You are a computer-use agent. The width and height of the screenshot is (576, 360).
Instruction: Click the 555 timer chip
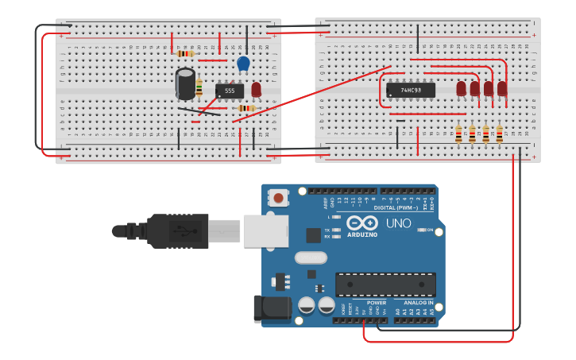pos(230,91)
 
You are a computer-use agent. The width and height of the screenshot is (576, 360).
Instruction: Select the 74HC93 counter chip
pos(410,90)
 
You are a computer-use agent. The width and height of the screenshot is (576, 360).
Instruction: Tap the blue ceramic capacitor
pos(243,64)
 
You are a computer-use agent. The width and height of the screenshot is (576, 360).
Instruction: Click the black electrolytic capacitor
pos(186,82)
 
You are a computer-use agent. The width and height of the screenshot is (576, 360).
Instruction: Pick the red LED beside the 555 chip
pos(256,89)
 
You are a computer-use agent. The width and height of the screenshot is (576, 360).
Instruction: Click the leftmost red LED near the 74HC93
pos(461,88)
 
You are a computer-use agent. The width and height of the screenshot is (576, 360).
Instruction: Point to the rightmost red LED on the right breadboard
pos(501,88)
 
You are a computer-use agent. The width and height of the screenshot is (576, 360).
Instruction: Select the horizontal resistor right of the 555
pos(246,108)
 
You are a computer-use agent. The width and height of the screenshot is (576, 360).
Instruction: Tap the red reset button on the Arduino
pos(278,197)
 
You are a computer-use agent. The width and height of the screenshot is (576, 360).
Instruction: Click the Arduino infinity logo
pos(361,223)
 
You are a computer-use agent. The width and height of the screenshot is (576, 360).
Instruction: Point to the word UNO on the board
pos(398,223)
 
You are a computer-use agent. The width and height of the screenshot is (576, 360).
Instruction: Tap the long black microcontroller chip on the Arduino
pos(385,285)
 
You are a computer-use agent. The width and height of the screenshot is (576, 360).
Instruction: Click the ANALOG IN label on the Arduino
pos(418,303)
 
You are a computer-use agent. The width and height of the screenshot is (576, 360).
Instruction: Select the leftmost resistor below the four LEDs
pos(458,134)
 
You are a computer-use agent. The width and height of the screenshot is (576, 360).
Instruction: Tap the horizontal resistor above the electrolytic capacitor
pos(186,53)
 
